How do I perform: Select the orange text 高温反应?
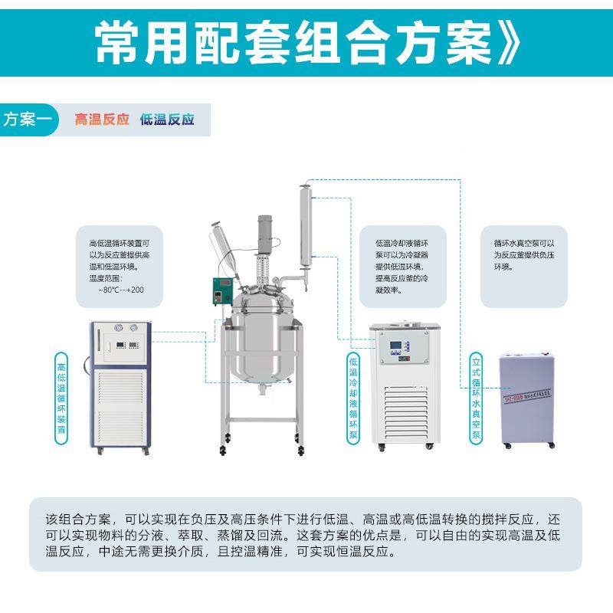pos(102,120)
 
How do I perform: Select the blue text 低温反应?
pos(167,120)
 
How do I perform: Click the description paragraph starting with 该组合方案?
pos(306,535)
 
